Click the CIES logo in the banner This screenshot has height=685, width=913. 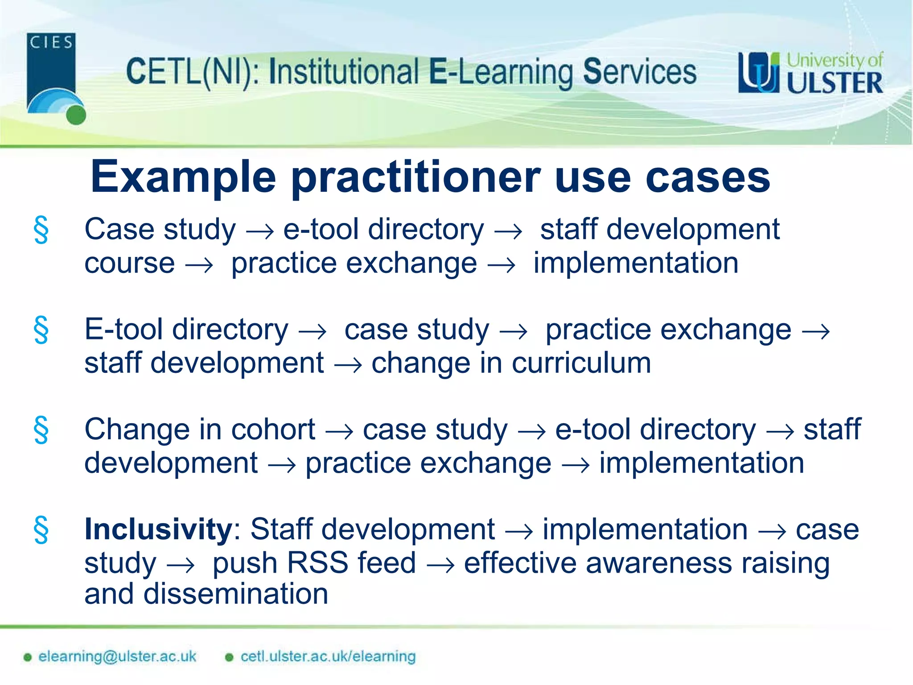53,77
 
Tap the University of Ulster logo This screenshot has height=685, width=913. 810,73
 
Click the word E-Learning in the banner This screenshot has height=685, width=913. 501,72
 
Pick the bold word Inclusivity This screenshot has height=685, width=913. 158,529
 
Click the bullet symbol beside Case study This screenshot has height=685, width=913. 41,230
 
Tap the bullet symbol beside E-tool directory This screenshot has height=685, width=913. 41,330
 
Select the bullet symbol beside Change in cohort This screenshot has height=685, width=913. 41,430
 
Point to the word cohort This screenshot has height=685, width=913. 273,429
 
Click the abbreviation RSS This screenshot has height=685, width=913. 317,563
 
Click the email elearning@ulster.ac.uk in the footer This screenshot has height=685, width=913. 117,656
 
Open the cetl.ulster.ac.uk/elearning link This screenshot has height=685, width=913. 328,656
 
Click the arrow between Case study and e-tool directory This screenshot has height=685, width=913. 260,231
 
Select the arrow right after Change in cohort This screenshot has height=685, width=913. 339,432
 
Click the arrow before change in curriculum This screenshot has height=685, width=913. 348,365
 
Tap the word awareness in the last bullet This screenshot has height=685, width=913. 658,563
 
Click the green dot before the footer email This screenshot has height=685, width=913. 28,657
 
